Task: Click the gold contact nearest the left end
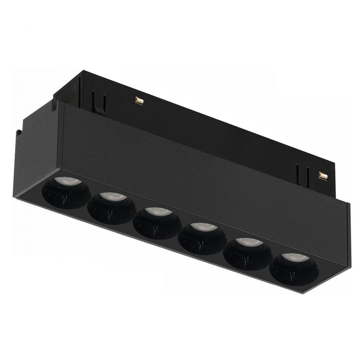point(139,100)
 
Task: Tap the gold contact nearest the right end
point(323,175)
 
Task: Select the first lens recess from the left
point(66,192)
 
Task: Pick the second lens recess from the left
point(112,208)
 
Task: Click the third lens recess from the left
point(157,223)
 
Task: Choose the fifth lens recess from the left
point(248,253)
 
